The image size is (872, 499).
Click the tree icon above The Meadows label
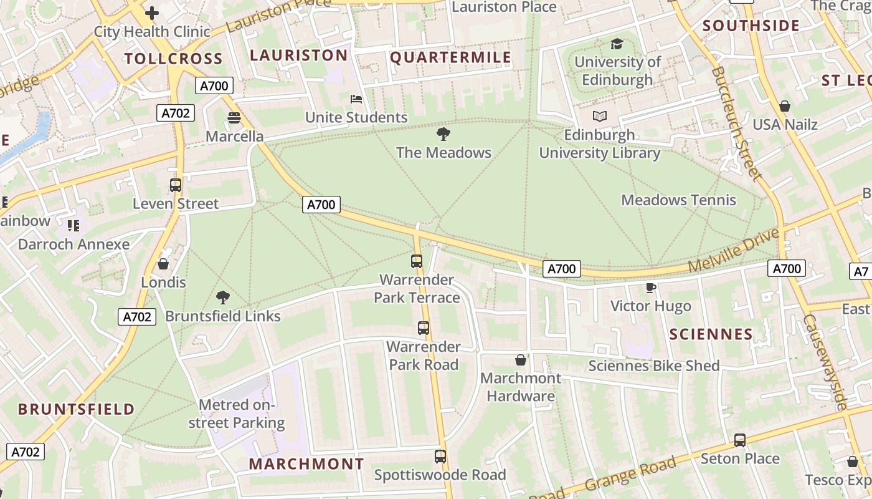[x=443, y=133]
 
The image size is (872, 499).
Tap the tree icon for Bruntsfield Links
[x=222, y=297]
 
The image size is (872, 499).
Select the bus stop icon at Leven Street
[x=176, y=185]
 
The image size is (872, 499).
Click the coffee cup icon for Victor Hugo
[x=650, y=287]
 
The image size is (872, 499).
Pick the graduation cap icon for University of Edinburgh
[x=617, y=44]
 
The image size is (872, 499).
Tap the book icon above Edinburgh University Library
[x=599, y=116]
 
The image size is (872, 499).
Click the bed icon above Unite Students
[x=356, y=99]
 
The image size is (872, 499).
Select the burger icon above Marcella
[x=234, y=118]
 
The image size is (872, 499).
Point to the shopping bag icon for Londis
[x=163, y=264]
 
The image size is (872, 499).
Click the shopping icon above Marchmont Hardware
[x=521, y=360]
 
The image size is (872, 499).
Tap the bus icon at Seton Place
[x=739, y=440]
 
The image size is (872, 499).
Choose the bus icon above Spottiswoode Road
[x=440, y=456]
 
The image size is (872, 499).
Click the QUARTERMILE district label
[x=450, y=58]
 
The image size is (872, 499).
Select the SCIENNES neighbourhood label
[x=711, y=334]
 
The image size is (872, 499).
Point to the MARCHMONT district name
[x=306, y=464]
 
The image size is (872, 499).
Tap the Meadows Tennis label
[x=678, y=200]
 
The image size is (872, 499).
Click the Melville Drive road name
[x=734, y=250]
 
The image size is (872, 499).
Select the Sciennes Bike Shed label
[x=653, y=366]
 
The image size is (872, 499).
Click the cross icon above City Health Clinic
[x=151, y=12]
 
